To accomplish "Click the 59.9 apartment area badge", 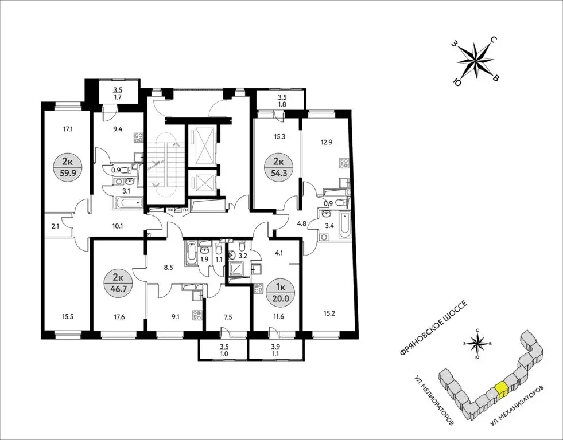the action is tap(68, 167).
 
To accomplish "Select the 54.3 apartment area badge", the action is tap(278, 167).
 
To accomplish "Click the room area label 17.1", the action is tap(68, 129).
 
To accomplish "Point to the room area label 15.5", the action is tap(68, 317).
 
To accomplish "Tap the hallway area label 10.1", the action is tap(118, 226).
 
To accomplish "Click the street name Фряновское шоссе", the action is tap(433, 328).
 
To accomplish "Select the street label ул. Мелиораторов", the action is tap(434, 400).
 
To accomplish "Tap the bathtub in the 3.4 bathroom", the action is tap(344, 225).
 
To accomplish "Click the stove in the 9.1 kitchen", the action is tap(197, 315).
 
